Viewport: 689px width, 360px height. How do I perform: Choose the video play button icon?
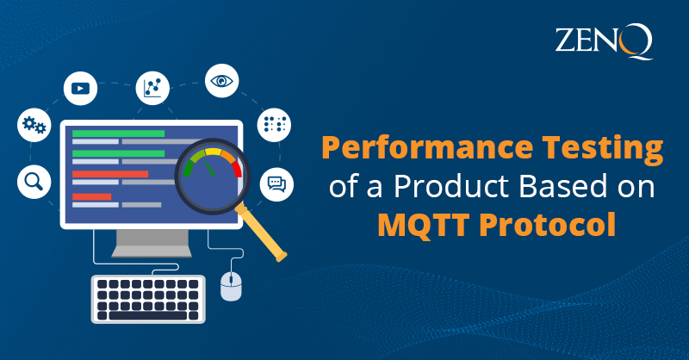[81, 88]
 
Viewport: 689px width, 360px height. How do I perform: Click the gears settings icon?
[34, 127]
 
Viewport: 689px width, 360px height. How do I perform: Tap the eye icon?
[221, 82]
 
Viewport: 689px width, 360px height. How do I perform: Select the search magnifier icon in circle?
[34, 181]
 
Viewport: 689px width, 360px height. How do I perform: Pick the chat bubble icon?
[276, 183]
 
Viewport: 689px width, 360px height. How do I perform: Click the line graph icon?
[152, 88]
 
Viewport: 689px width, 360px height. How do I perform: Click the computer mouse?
[231, 286]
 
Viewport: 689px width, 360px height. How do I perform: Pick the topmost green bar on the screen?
[118, 133]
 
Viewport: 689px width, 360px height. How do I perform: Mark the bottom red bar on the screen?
[91, 197]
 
